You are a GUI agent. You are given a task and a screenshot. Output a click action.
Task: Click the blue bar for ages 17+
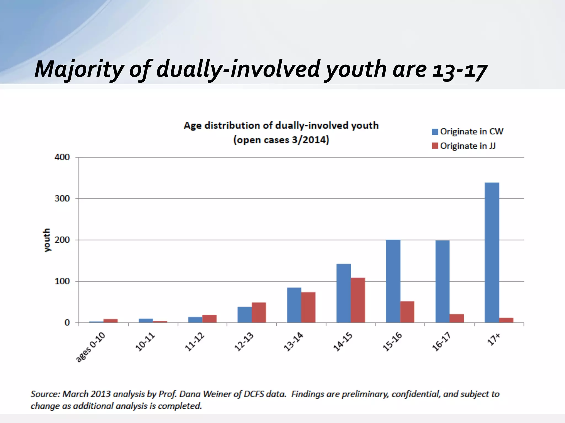[x=492, y=252]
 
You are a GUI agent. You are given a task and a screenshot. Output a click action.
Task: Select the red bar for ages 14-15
[x=358, y=300]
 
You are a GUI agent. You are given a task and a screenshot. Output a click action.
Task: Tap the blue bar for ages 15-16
[x=393, y=281]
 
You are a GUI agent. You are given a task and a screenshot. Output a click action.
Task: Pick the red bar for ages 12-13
[x=259, y=313]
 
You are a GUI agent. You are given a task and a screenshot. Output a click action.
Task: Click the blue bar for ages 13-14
[x=294, y=305]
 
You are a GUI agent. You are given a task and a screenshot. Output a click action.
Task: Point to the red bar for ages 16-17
[x=457, y=318]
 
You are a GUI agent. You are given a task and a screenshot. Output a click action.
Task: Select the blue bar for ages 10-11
[x=146, y=321]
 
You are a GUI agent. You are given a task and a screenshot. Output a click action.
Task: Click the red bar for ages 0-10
[x=110, y=321]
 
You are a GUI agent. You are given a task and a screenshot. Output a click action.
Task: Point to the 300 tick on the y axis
[x=62, y=199]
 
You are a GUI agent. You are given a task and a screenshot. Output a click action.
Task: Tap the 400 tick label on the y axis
[x=62, y=157]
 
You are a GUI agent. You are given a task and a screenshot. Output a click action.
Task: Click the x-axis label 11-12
[x=195, y=342]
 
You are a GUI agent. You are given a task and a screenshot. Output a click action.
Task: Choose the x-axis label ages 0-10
[x=90, y=347]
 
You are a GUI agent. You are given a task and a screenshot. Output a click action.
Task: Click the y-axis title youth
[x=47, y=240]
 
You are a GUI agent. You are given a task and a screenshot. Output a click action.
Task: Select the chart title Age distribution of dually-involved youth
[x=281, y=126]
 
